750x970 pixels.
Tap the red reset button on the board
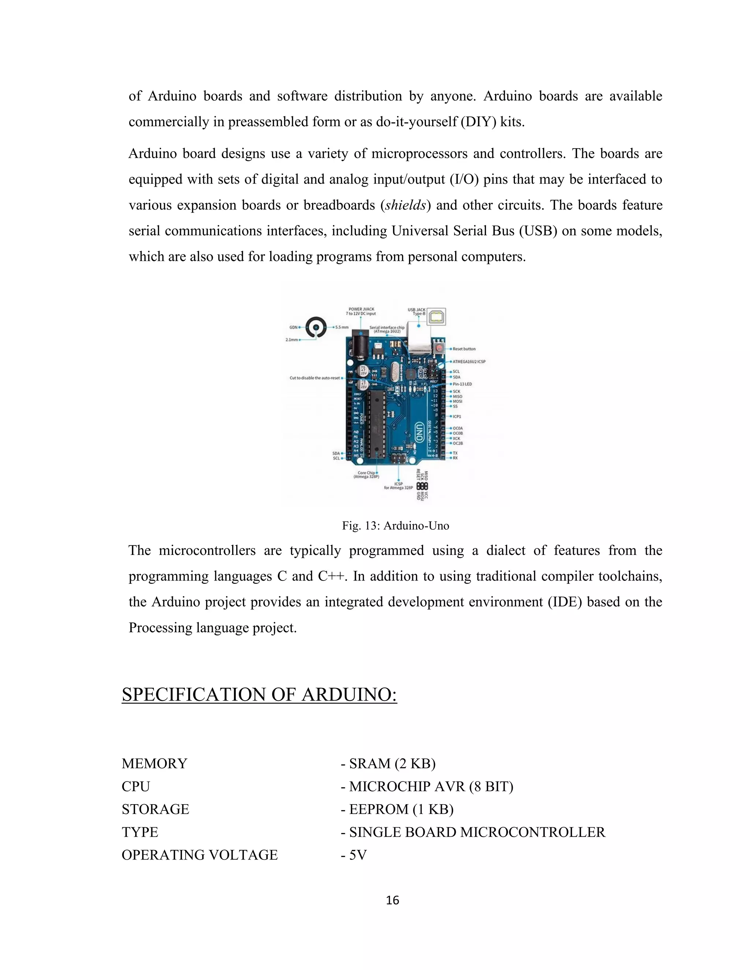(x=439, y=347)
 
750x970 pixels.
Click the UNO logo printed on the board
(x=419, y=431)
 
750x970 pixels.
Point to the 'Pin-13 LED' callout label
(x=462, y=384)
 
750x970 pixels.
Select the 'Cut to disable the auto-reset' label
(x=315, y=378)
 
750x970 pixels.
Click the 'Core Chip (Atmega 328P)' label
(x=367, y=475)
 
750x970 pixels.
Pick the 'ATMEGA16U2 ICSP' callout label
(x=469, y=362)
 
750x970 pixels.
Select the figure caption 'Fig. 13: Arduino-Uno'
(x=396, y=526)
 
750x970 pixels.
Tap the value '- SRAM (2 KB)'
(x=388, y=764)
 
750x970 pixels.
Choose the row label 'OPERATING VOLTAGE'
(x=200, y=855)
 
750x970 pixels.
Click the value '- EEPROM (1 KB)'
(x=397, y=809)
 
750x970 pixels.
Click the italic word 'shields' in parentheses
(x=406, y=205)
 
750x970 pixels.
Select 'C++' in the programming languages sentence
(x=331, y=577)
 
